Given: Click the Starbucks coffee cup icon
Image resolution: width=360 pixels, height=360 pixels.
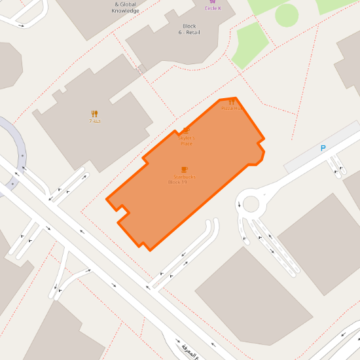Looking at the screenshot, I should tap(184, 170).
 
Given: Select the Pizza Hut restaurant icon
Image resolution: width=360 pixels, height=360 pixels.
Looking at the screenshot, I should tap(232, 102).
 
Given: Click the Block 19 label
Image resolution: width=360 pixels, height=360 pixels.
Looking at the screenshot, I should tap(177, 183).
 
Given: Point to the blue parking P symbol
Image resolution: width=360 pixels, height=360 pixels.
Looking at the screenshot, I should tap(323, 149).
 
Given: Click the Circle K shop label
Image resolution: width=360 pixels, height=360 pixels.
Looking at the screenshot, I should tap(213, 9).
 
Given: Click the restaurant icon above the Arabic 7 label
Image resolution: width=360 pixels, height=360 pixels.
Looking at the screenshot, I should tap(94, 114).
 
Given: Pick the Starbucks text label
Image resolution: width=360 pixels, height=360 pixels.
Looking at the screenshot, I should tap(185, 177).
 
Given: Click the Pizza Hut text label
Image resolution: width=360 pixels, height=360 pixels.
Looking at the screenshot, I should tap(231, 108).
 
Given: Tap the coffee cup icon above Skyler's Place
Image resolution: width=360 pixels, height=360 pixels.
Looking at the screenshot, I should tap(186, 130).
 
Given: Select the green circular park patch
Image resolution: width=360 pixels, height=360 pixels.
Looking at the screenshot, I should tap(287, 15).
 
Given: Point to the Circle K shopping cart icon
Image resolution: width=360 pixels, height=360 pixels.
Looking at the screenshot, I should tap(213, 2).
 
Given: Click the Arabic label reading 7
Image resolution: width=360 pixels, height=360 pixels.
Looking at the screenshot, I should tap(95, 122).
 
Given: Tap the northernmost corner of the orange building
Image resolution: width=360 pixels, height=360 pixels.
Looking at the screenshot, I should tap(235, 98).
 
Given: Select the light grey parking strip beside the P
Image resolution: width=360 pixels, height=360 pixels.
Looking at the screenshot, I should tap(321, 147).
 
